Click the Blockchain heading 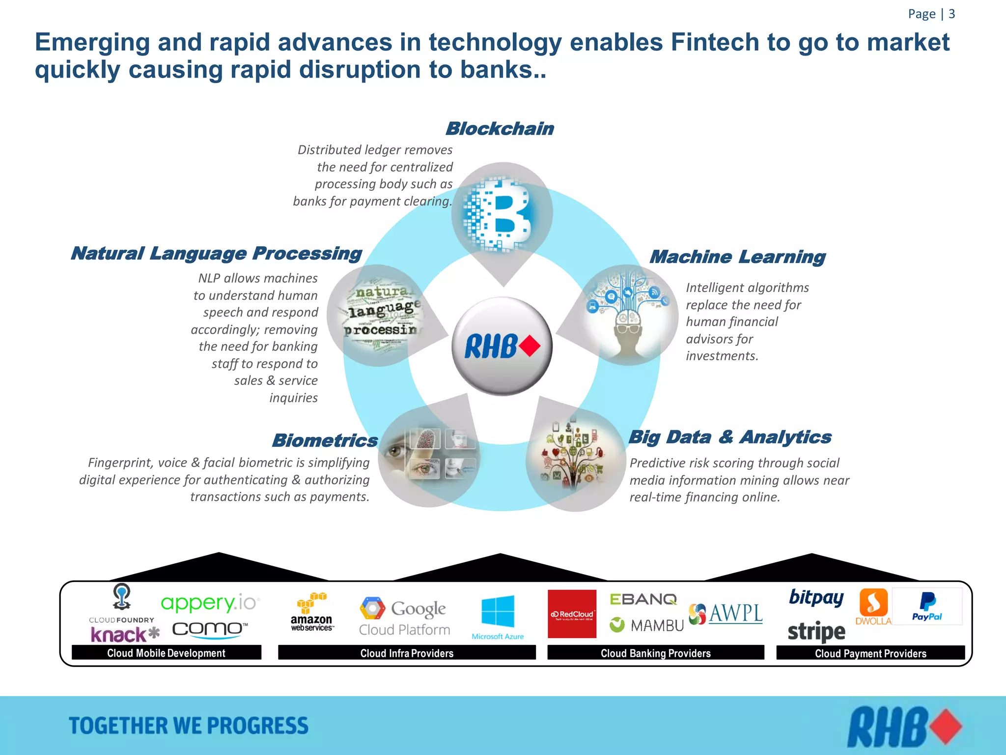(x=500, y=129)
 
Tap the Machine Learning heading (x=737, y=257)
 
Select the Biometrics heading (x=325, y=440)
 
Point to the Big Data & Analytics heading (x=730, y=437)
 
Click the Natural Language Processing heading (x=216, y=253)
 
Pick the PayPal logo (x=927, y=607)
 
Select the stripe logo (x=816, y=632)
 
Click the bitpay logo (x=816, y=597)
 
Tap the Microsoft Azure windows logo (x=498, y=612)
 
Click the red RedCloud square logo (x=572, y=614)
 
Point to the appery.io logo (x=210, y=603)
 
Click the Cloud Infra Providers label (x=407, y=653)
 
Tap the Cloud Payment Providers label (x=870, y=653)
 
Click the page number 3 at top (x=951, y=14)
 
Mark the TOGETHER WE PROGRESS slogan (x=189, y=726)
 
